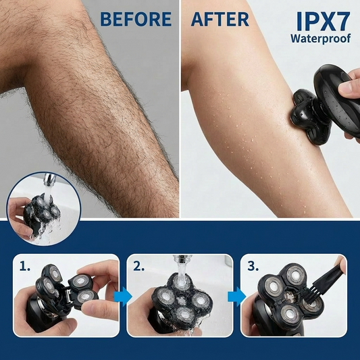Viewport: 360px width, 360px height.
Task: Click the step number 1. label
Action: (25, 266)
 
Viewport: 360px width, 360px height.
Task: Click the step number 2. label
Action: (139, 266)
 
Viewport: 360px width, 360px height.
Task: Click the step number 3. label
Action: (253, 266)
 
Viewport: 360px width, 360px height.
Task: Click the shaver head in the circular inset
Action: (42, 211)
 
